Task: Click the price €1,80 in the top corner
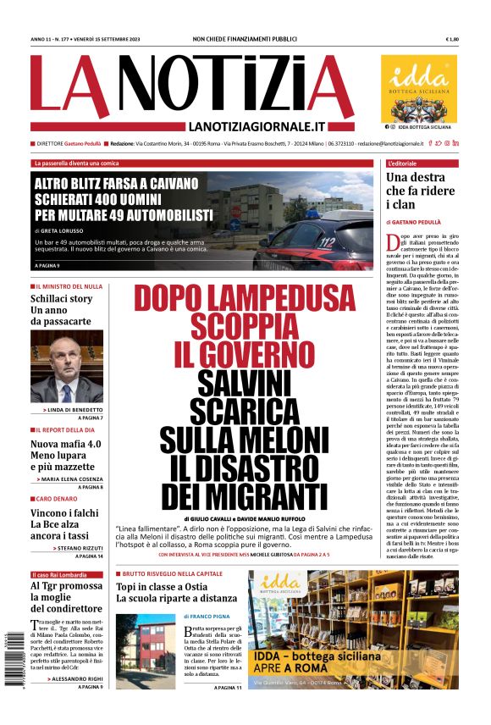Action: coord(452,40)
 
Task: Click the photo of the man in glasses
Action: coord(67,367)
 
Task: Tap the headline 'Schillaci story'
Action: coord(61,299)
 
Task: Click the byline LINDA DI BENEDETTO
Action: coord(75,410)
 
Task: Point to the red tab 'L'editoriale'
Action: coord(401,163)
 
